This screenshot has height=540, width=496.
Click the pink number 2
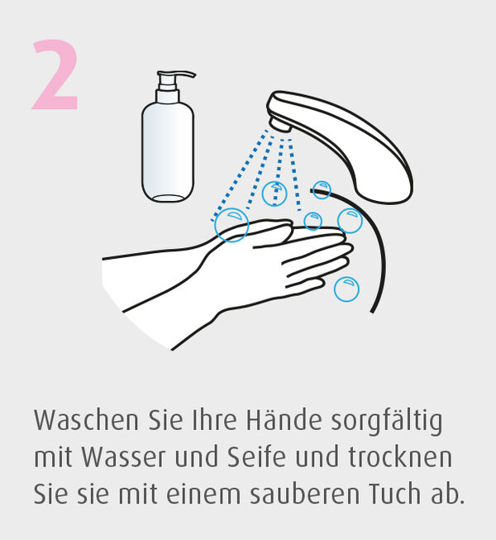(x=55, y=74)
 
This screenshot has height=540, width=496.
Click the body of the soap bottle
(x=168, y=151)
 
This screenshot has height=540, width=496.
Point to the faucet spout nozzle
(x=280, y=124)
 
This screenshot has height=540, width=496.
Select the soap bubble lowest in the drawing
(x=346, y=289)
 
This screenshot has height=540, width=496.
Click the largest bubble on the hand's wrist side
(x=231, y=225)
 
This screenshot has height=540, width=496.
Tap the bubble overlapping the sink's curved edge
(x=322, y=190)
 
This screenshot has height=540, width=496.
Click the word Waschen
(x=87, y=420)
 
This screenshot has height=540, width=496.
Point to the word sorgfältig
(x=387, y=422)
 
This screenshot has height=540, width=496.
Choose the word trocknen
(x=400, y=456)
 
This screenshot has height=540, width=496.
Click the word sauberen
(x=304, y=493)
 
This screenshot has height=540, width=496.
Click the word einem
(x=203, y=494)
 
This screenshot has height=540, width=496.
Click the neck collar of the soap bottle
(x=168, y=96)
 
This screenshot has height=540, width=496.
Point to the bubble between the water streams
(x=274, y=194)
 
